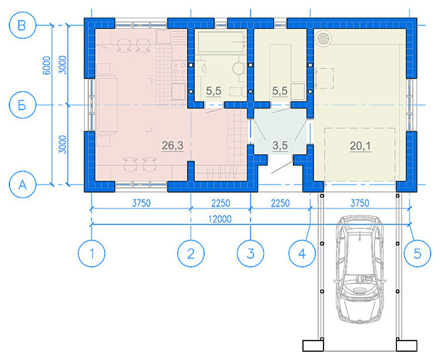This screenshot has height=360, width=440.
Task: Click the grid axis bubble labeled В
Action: pyautogui.click(x=22, y=25)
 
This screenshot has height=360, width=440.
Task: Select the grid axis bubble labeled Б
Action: pyautogui.click(x=22, y=105)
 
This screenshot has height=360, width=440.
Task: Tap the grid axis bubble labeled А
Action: pyautogui.click(x=22, y=185)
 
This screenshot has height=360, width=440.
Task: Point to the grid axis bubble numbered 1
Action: pyautogui.click(x=92, y=254)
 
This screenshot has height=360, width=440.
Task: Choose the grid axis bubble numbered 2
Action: pyautogui.click(x=191, y=254)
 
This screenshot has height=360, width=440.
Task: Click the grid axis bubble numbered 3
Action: pyautogui.click(x=251, y=254)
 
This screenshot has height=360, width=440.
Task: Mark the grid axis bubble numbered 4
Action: pyautogui.click(x=302, y=254)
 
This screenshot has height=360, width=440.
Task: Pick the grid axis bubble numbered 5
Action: pyautogui.click(x=417, y=254)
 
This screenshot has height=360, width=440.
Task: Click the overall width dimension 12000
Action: pyautogui.click(x=220, y=219)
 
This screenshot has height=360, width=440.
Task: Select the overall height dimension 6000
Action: pyautogui.click(x=46, y=65)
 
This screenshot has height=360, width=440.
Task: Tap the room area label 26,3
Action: pyautogui.click(x=172, y=145)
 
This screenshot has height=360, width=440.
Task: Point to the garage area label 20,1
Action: pyautogui.click(x=361, y=146)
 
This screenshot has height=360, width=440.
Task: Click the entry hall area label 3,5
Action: pyautogui.click(x=280, y=145)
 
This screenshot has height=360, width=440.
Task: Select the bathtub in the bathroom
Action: pyautogui.click(x=221, y=42)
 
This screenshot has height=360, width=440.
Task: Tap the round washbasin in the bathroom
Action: pyautogui.click(x=239, y=68)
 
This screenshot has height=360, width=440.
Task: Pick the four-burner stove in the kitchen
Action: pyautogui.click(x=179, y=68)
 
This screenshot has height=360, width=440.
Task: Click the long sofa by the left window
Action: pyautogui.click(x=108, y=105)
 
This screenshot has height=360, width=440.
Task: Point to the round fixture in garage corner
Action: pyautogui.click(x=324, y=38)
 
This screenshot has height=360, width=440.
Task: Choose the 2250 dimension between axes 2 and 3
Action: pyautogui.click(x=221, y=203)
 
